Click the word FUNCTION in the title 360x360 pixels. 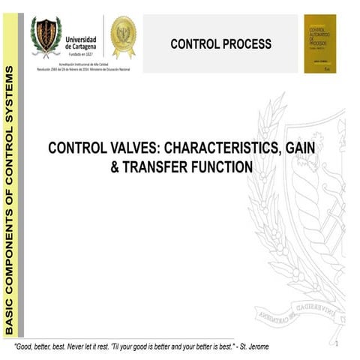[x=221, y=168]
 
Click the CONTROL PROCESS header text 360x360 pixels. [x=220, y=44]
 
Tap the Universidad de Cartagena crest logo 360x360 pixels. [x=46, y=37]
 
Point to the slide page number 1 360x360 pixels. [x=338, y=343]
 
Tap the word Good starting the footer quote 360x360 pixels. [x=28, y=347]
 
